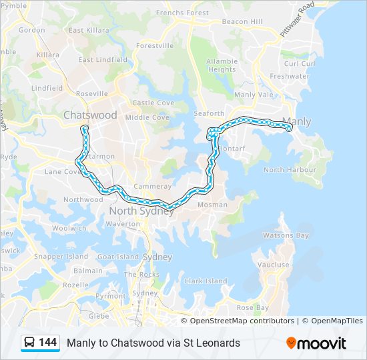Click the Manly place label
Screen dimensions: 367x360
297,121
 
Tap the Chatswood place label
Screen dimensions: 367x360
90,115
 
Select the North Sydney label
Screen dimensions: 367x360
141,211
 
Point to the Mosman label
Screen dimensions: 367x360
212,205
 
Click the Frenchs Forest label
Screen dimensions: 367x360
182,13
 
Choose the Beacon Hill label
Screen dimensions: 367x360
242,21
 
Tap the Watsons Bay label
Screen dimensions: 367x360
286,235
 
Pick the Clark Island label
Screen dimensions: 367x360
206,281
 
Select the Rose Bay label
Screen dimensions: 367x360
253,307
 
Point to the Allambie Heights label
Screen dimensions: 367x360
222,65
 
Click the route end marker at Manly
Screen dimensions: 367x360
289,129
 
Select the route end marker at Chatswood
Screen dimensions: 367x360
85,127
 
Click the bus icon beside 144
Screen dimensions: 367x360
30,342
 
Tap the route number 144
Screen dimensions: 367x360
47,342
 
